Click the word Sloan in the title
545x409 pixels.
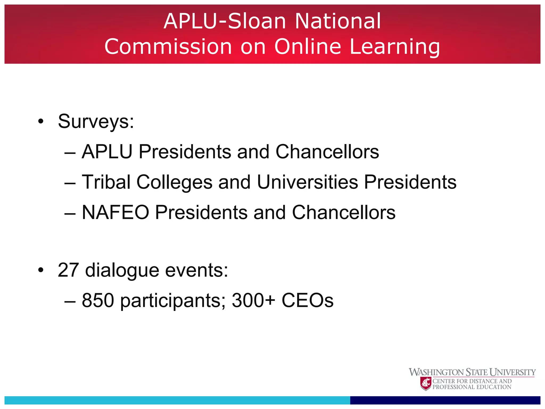[257, 21]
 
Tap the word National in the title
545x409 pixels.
[338, 21]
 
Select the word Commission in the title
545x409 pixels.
[168, 47]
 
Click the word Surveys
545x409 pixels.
[96, 121]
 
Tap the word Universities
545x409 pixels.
[307, 182]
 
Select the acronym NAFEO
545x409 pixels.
[115, 212]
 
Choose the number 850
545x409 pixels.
[98, 300]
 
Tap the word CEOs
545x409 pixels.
[307, 300]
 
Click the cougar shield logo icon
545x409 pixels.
[426, 384]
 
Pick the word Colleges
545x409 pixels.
[174, 183]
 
